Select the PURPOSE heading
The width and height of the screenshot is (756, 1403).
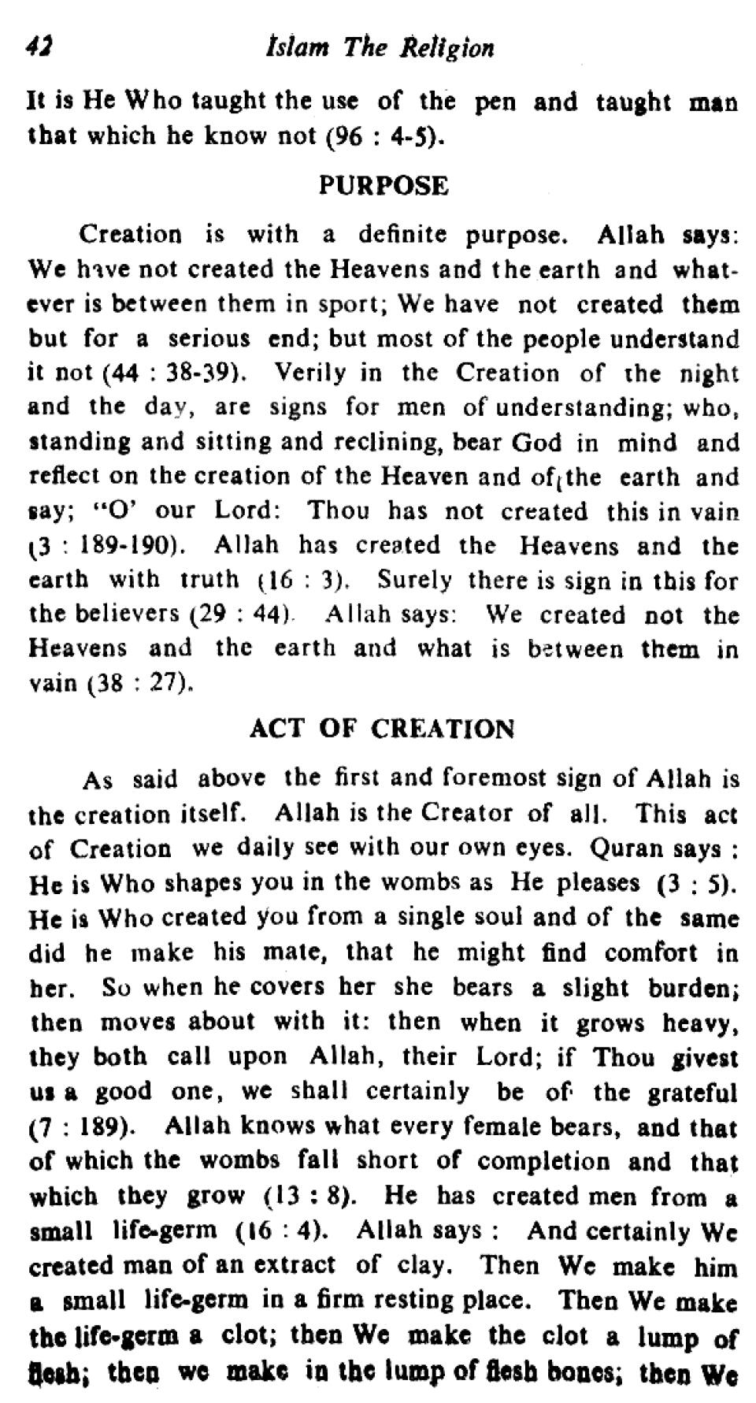pyautogui.click(x=384, y=187)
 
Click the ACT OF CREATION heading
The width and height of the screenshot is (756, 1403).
pyautogui.click(x=382, y=729)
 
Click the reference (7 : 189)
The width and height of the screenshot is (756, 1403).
pyautogui.click(x=86, y=1127)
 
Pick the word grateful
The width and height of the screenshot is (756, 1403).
pyautogui.click(x=693, y=1093)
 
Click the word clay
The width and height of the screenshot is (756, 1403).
pyautogui.click(x=426, y=1266)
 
